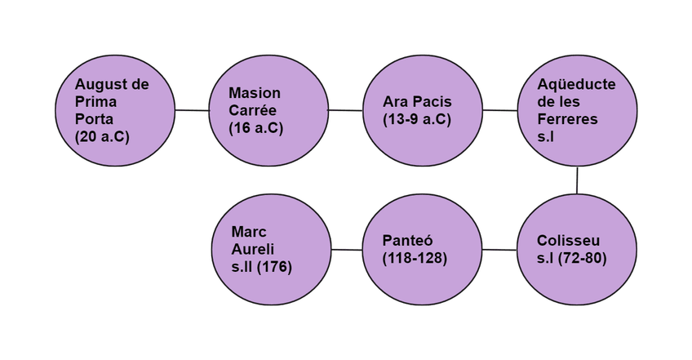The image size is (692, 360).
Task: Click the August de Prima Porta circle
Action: pos(115,109)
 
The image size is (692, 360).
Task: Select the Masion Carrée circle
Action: pos(269,109)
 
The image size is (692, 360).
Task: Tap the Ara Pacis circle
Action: pos(423,109)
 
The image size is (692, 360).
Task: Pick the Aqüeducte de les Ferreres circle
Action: pos(578,109)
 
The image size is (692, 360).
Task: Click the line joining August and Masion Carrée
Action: pos(192,109)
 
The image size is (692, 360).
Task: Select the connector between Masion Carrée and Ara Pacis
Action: pos(346,109)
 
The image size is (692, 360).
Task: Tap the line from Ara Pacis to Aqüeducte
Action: pos(500,109)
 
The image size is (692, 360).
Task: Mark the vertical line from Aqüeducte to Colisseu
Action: pos(578,180)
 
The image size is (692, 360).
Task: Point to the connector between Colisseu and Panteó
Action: pos(500,249)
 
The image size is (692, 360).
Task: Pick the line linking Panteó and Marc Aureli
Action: pos(346,249)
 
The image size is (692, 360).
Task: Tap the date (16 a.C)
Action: pos(256,128)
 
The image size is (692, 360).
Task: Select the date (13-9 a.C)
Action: pos(417,119)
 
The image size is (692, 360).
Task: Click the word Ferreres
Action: pos(568,119)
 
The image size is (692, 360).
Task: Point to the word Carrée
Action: pos(255,110)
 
